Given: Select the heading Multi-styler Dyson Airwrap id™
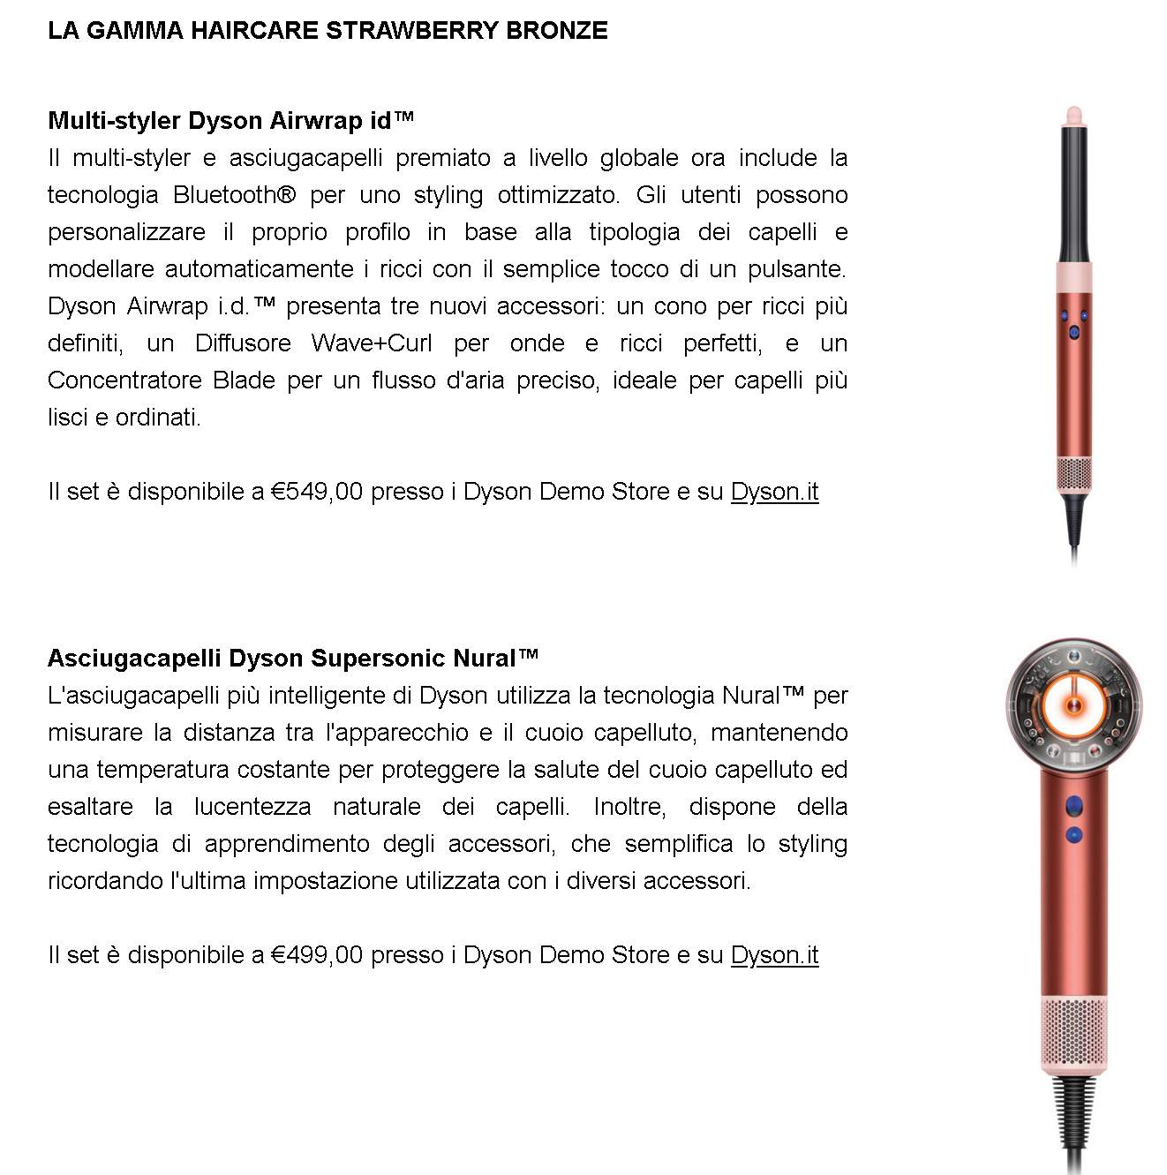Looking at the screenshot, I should point(230,120).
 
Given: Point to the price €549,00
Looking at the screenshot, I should point(317,492).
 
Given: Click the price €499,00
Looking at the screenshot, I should point(317,955).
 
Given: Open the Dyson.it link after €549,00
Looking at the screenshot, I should point(774,492).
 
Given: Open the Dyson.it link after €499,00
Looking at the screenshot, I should point(774,955).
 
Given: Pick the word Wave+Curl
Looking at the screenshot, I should point(372,343).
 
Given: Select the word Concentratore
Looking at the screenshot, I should point(124,380).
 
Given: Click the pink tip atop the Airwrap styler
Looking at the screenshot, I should point(1073,115).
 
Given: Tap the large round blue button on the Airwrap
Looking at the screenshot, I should point(1073,332).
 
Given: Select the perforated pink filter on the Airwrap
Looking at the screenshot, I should point(1073,475).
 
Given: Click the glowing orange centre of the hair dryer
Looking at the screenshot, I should point(1073,704).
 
